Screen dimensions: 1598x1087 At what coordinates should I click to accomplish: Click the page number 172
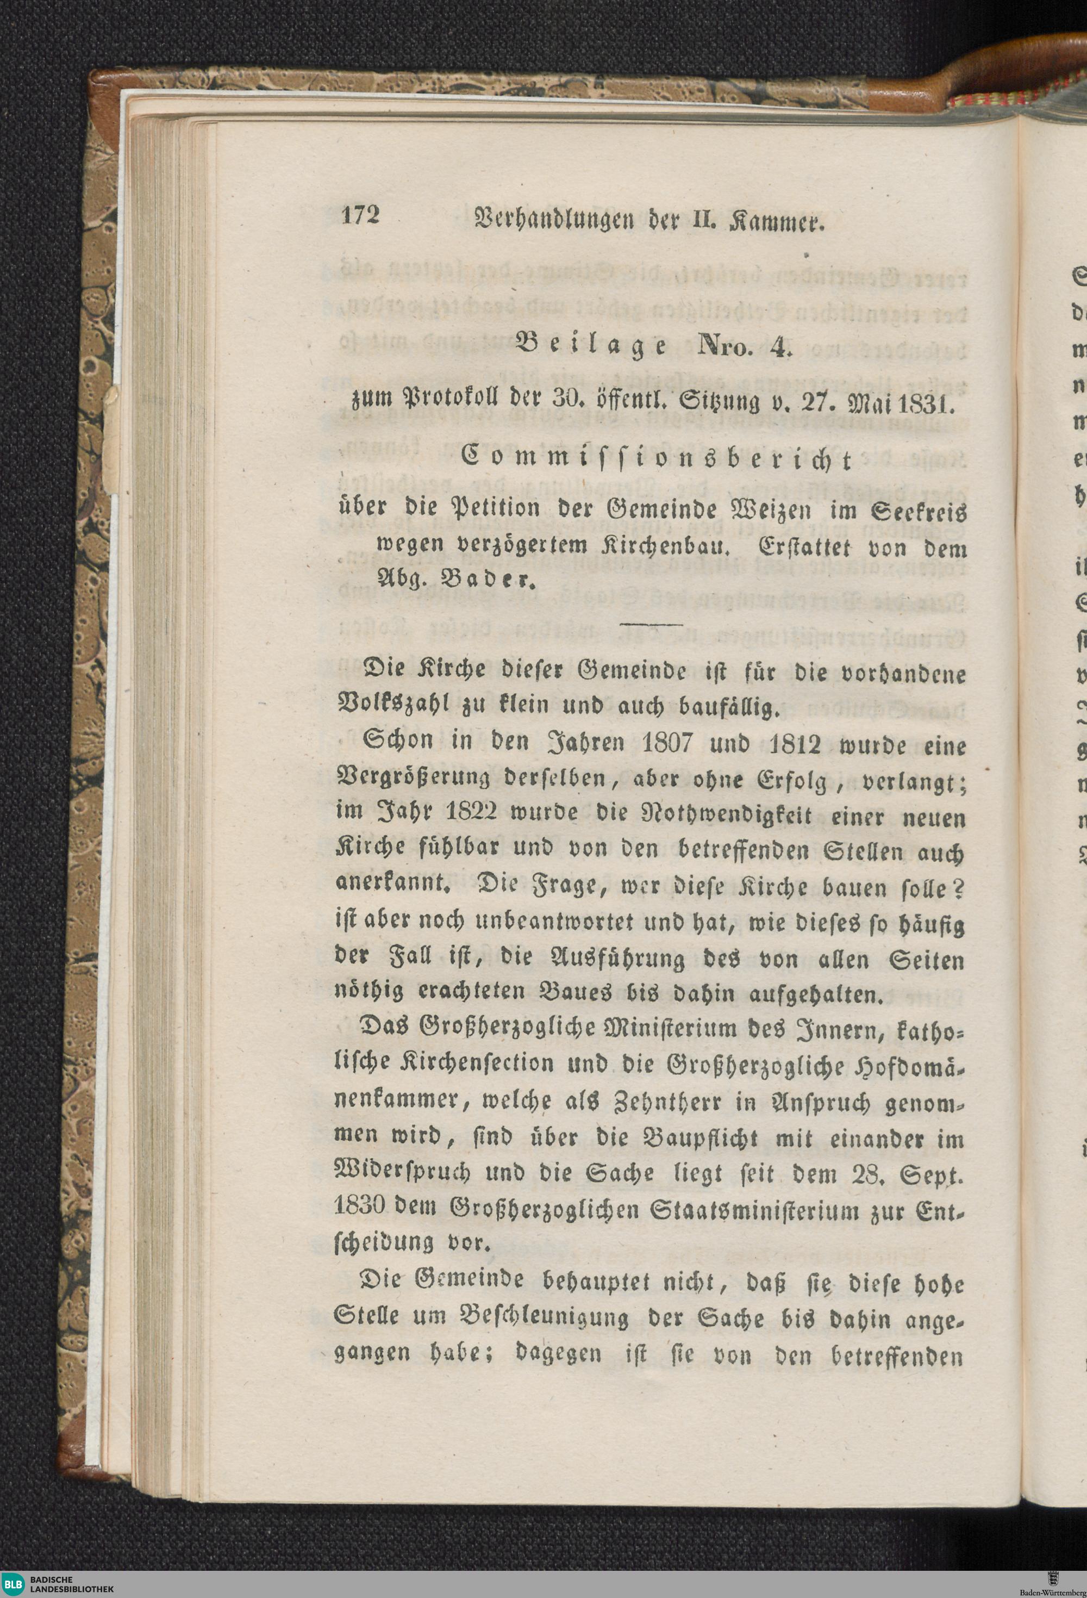coord(361,216)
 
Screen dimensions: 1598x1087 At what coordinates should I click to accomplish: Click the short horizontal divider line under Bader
coord(651,624)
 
